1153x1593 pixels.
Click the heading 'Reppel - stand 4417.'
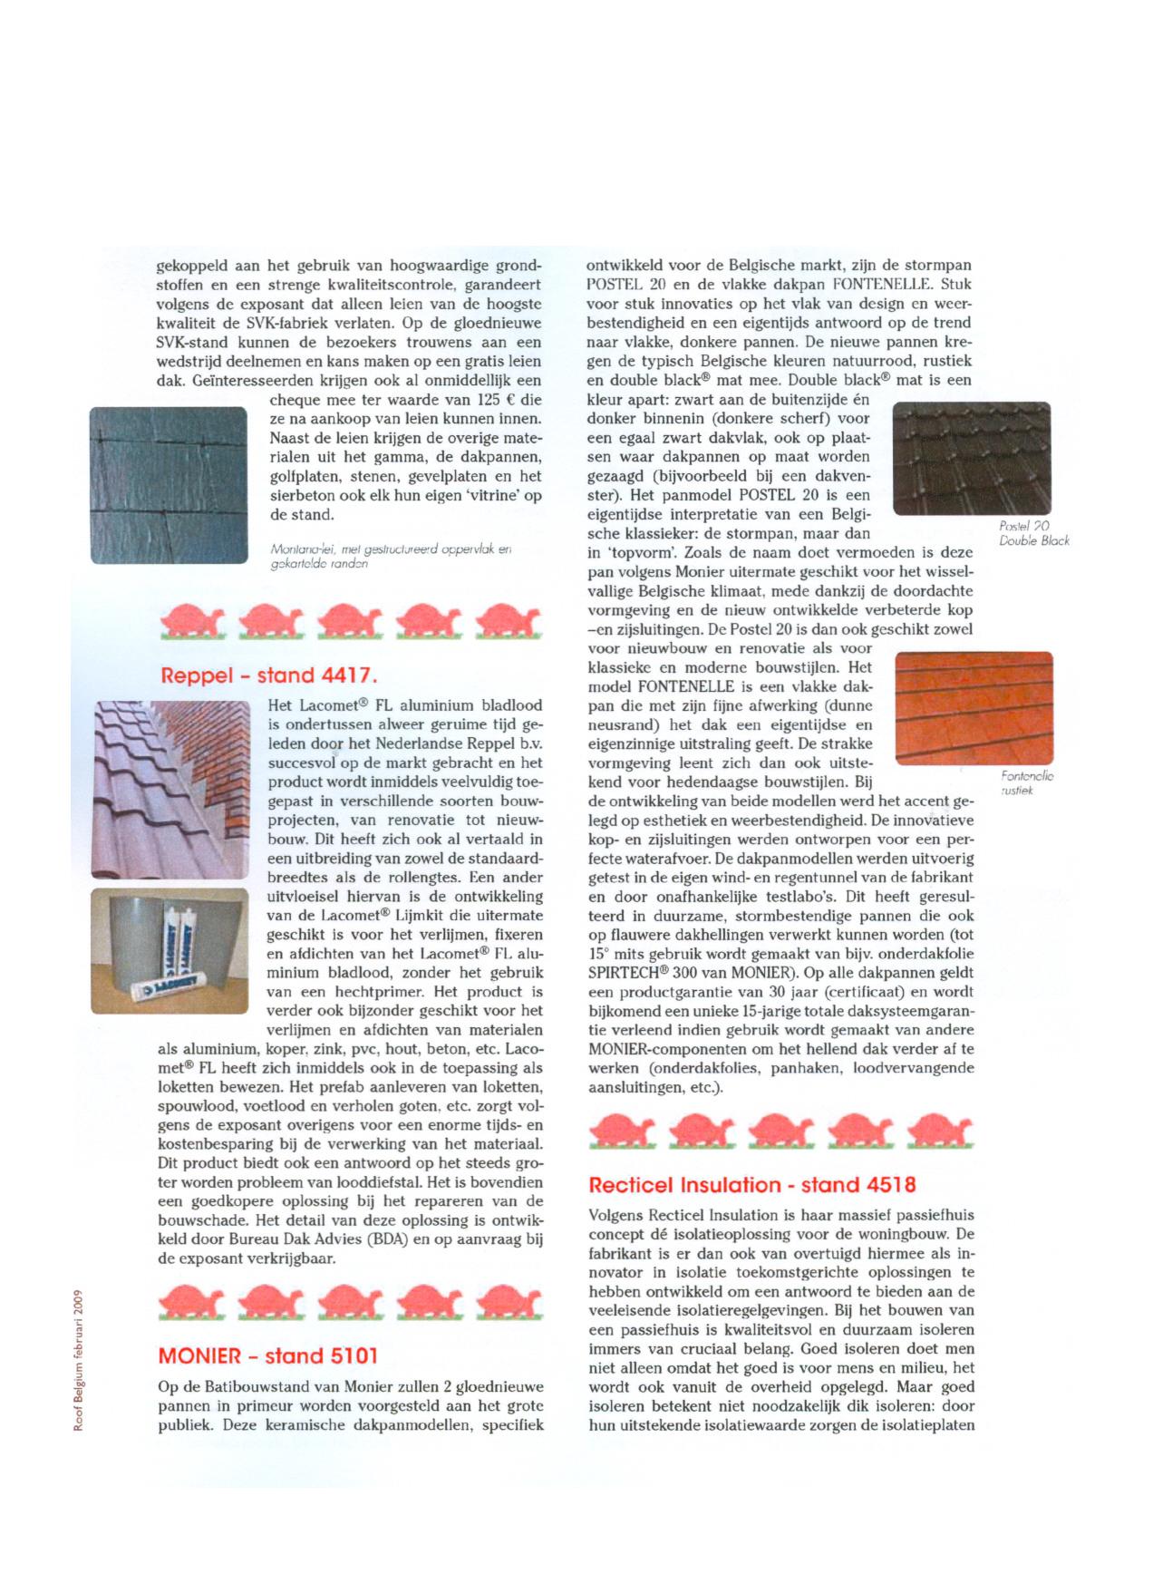pyautogui.click(x=267, y=675)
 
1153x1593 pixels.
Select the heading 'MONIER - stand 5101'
pyautogui.click(x=267, y=1355)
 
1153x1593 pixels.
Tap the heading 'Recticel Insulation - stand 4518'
pyautogui.click(x=751, y=1184)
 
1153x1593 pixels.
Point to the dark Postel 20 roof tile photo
pyautogui.click(x=972, y=459)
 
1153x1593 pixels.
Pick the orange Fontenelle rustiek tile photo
pyautogui.click(x=974, y=708)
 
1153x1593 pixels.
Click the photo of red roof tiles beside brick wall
pyautogui.click(x=170, y=789)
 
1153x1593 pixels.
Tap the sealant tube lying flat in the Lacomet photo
pyautogui.click(x=172, y=992)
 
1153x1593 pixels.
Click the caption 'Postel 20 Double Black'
pyautogui.click(x=1033, y=533)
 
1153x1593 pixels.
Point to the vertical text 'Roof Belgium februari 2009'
pyautogui.click(x=79, y=1360)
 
